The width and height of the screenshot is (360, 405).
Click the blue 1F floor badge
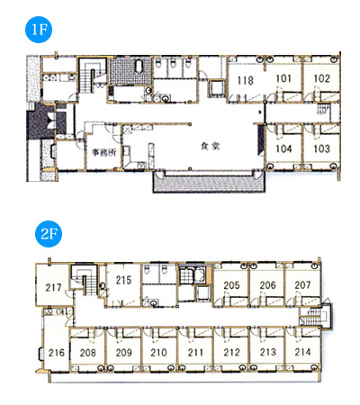[39, 30]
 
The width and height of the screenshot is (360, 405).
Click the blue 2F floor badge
[49, 234]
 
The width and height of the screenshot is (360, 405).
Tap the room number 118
[246, 80]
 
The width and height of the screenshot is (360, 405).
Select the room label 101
[283, 78]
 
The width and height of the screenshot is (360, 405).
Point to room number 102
[321, 78]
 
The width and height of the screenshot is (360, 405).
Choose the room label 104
[283, 148]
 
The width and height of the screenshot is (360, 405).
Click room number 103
[321, 148]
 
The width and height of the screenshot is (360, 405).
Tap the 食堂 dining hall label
[211, 146]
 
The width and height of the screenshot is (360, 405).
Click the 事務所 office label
[103, 152]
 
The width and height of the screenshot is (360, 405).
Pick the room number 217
[53, 287]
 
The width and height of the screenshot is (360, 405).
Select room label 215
[123, 280]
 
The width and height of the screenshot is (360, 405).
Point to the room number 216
[57, 353]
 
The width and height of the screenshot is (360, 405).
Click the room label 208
[88, 353]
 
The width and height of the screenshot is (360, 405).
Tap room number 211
[195, 352]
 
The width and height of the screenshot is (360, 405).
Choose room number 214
[302, 352]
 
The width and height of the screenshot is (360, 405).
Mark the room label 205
[231, 285]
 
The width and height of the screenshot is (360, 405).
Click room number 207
[302, 285]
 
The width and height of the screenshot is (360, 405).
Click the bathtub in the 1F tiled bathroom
[139, 67]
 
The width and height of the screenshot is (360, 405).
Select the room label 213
[267, 352]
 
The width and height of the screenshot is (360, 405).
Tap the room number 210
[158, 352]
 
